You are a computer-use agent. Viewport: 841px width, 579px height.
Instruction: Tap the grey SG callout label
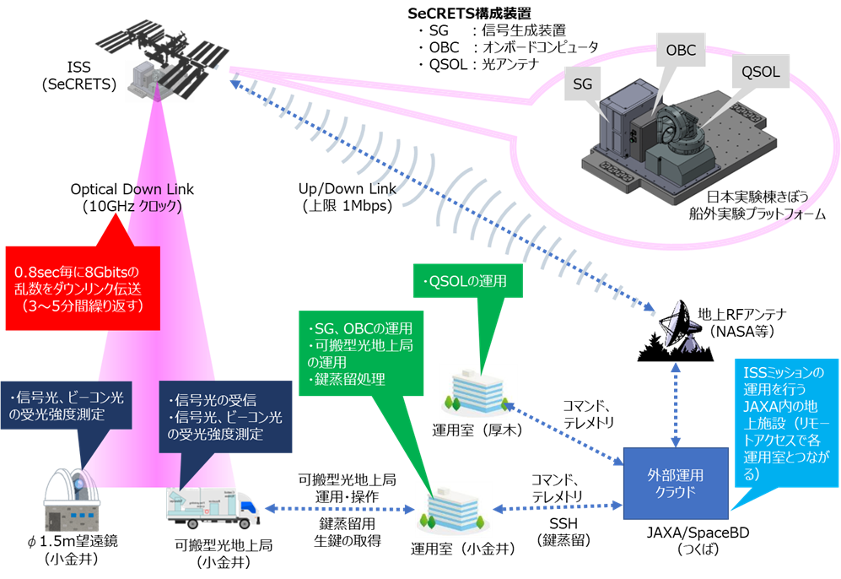(x=583, y=84)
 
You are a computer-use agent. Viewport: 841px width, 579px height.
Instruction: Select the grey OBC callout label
(x=681, y=50)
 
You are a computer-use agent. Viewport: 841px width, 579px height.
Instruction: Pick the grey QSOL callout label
(x=761, y=72)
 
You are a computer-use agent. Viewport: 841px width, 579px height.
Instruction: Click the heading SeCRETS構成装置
(x=469, y=13)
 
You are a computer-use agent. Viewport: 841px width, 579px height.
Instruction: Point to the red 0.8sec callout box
(x=83, y=288)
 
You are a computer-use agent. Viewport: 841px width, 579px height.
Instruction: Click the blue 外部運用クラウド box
(x=676, y=483)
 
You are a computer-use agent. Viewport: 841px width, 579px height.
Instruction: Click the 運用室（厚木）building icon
(x=477, y=392)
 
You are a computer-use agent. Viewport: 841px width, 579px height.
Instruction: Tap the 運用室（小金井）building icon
(x=453, y=511)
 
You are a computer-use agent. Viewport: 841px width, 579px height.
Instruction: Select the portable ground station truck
(x=213, y=507)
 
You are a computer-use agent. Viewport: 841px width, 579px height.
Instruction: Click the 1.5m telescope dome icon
(x=72, y=501)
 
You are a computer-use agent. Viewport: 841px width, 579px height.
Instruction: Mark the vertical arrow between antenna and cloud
(x=676, y=405)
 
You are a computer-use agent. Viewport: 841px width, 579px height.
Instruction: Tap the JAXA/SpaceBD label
(x=698, y=533)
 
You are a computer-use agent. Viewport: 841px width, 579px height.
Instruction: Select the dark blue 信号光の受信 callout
(x=225, y=417)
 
